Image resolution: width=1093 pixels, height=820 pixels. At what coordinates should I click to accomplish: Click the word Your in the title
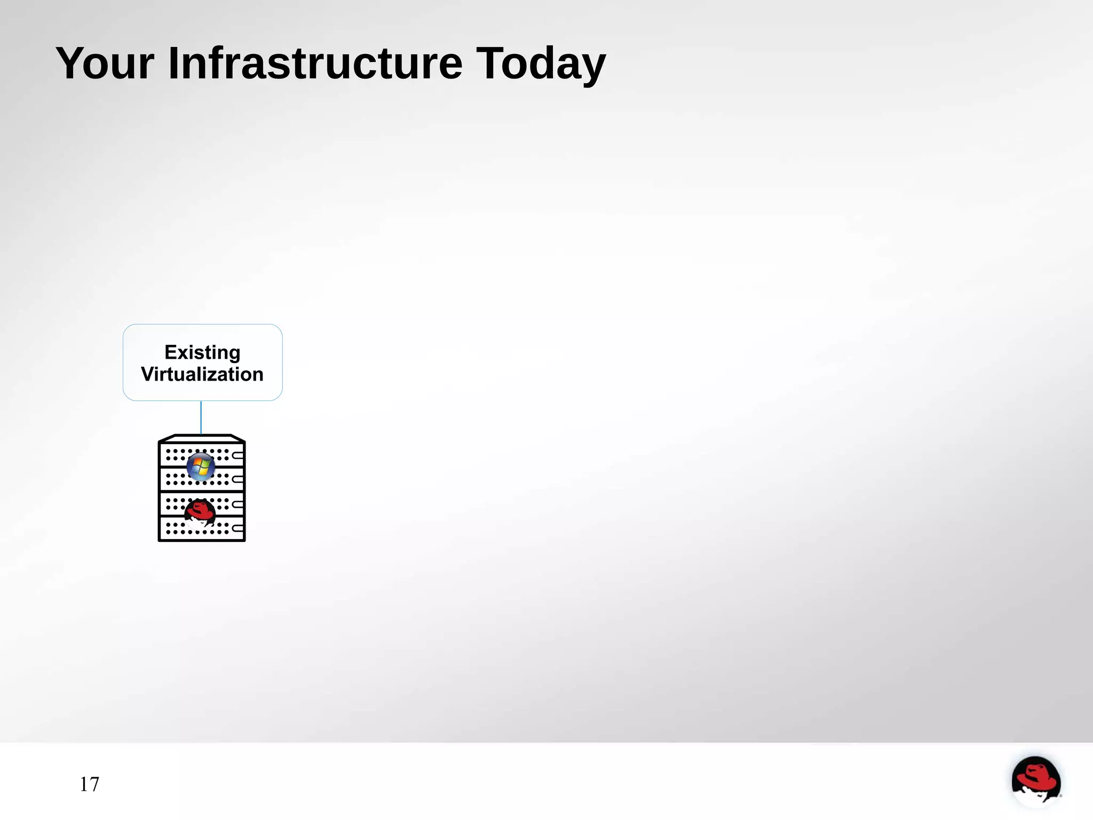[105, 64]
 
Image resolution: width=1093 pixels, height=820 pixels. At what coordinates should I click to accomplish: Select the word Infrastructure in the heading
[315, 64]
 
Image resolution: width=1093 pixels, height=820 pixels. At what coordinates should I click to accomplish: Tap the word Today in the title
[540, 64]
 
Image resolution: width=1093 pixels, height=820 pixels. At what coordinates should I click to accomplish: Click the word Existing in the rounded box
[202, 352]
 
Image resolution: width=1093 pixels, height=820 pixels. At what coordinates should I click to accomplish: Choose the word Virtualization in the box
[202, 374]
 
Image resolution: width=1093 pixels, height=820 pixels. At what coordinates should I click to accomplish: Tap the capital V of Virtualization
[148, 374]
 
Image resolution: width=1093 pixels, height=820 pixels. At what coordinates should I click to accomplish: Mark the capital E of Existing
[170, 352]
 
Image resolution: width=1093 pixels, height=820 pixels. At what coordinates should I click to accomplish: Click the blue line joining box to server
[201, 417]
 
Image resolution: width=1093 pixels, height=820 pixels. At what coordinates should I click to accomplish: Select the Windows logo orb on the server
[201, 467]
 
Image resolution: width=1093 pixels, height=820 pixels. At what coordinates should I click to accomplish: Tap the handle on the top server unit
[238, 455]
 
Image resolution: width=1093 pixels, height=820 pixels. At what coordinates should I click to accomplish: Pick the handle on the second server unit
[238, 479]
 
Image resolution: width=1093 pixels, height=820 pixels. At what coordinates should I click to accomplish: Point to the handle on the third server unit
[238, 504]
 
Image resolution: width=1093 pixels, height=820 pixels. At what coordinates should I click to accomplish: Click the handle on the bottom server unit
[238, 528]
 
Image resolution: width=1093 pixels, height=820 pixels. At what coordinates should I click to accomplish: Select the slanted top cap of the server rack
[202, 438]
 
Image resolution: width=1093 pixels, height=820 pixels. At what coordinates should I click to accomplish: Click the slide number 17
[89, 784]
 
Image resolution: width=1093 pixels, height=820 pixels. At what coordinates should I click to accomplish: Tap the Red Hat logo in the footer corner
[1035, 780]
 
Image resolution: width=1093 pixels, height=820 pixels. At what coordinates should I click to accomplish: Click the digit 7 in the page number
[94, 784]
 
